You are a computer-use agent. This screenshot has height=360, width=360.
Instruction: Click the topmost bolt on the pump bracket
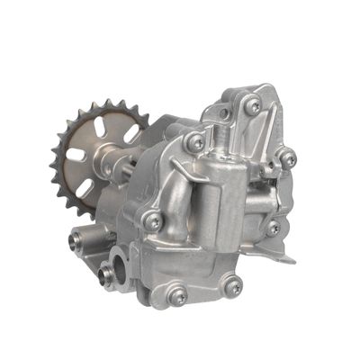(x=253, y=105)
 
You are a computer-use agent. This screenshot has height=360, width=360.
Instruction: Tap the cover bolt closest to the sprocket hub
(x=194, y=142)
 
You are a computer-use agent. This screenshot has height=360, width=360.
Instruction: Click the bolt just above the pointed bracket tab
(x=273, y=227)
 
